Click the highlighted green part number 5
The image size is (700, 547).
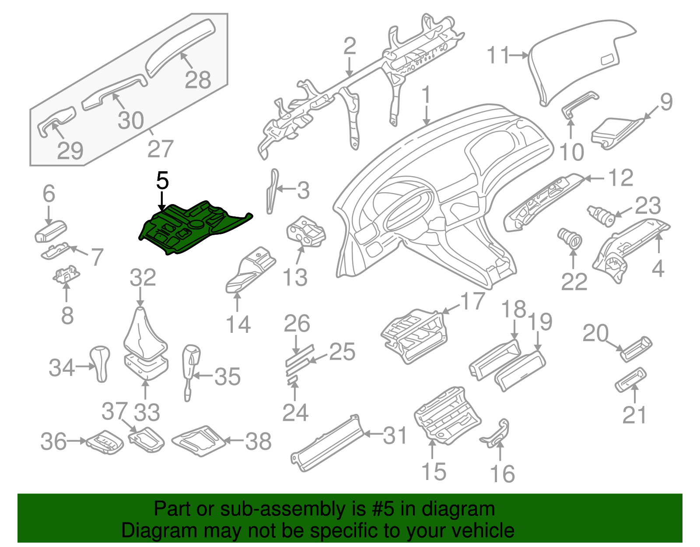click(192, 228)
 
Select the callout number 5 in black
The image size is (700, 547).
click(162, 181)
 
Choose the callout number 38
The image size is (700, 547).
click(258, 441)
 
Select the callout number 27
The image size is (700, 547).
click(161, 149)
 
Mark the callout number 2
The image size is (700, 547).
click(350, 46)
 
